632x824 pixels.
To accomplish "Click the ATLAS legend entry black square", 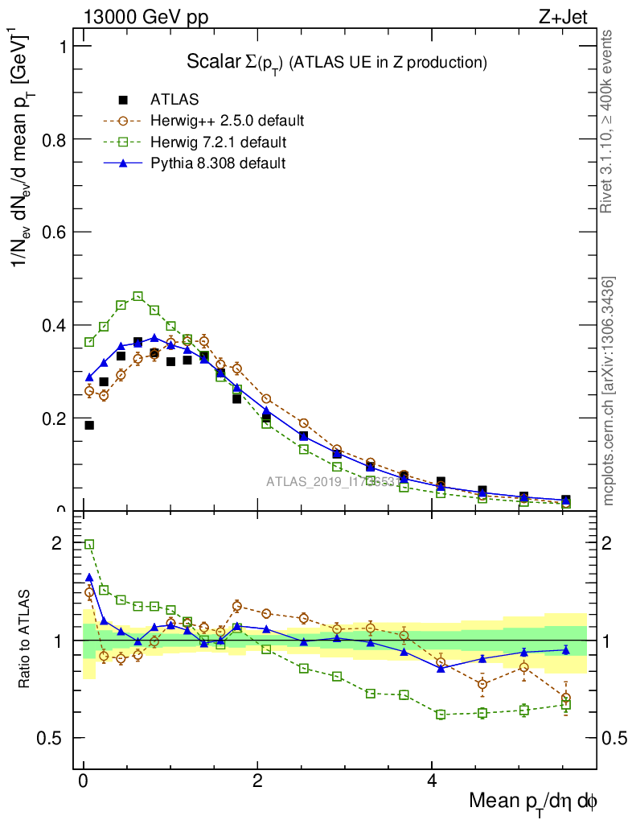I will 123,100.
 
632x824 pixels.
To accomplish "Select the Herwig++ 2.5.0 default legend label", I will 227,121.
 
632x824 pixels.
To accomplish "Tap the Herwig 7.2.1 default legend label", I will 218,142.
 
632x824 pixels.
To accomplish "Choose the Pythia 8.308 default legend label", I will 218,163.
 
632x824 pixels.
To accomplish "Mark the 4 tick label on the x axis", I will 431,781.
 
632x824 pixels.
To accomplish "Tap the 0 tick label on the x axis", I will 83,781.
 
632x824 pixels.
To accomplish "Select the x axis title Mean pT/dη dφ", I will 533,801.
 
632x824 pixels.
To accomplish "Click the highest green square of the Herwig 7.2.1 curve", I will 137,296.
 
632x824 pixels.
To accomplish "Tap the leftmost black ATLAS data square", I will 89,425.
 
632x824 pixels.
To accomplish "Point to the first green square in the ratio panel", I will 89,544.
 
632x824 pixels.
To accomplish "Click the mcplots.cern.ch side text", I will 609,391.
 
